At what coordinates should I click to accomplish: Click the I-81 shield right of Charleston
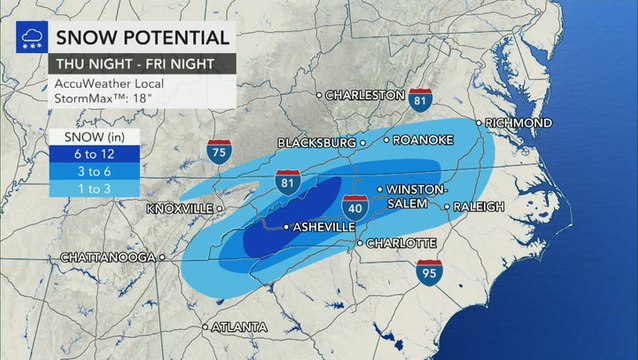point(420,98)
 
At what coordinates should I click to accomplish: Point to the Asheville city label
point(321,228)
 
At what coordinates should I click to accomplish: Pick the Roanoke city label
point(418,141)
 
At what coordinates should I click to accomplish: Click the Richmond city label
point(519,123)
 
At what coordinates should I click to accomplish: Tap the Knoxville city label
point(180,209)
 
